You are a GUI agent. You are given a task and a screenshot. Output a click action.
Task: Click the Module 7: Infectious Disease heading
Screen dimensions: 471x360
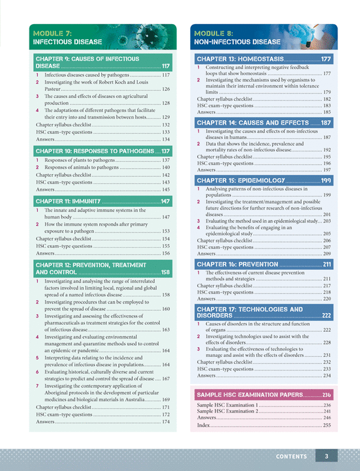[67, 37]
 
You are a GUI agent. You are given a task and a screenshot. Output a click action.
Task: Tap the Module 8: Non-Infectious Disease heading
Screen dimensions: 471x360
[237, 37]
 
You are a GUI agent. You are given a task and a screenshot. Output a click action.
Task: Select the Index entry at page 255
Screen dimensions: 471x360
[204, 425]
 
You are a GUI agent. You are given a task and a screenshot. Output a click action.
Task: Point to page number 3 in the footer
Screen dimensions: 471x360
[326, 456]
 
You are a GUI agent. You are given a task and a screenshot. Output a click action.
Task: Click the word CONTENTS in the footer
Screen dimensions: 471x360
[291, 456]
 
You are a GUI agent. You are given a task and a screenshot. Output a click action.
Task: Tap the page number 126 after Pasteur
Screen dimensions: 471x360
[166, 89]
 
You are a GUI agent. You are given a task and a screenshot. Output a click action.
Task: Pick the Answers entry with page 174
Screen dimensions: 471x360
[46, 422]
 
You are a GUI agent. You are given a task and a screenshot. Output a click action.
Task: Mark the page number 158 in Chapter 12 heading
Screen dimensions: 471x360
[165, 273]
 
